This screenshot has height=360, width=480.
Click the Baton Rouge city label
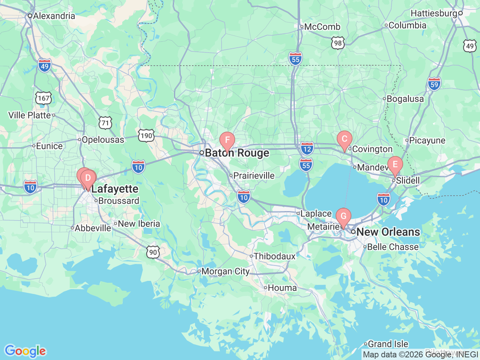(237, 153)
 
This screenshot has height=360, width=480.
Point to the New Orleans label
(388, 232)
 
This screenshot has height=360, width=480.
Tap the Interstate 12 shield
(307, 149)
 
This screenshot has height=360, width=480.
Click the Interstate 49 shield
(44, 66)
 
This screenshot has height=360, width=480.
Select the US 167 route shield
(43, 98)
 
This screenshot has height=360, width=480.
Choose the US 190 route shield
(146, 135)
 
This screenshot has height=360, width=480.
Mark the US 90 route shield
(153, 252)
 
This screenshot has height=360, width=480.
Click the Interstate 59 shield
(434, 84)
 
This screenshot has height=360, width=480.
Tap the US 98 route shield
(338, 43)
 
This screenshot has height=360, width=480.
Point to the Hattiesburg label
(434, 13)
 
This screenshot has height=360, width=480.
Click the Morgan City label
(225, 271)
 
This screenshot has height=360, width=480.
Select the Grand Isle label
(388, 344)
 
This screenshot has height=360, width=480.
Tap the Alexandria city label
(54, 16)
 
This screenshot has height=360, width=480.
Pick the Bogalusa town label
(405, 99)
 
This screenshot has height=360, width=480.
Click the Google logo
(25, 351)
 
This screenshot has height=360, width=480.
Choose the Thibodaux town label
(274, 256)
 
